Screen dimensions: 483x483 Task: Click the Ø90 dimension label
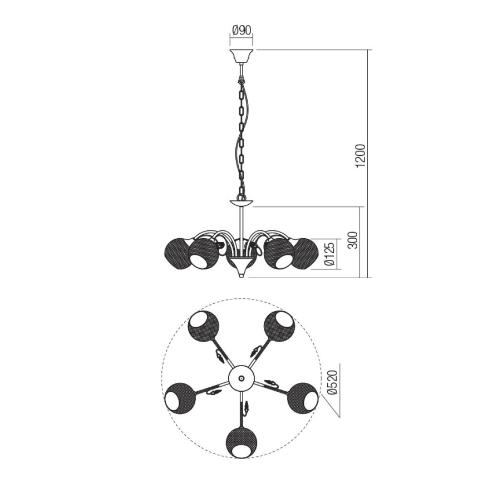[x=241, y=31]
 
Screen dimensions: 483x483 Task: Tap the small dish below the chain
[x=241, y=202]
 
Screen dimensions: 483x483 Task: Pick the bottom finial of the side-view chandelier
[x=241, y=274]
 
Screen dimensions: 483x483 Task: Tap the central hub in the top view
[x=240, y=378]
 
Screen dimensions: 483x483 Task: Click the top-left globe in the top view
[x=203, y=326]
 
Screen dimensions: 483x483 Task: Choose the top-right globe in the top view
[x=278, y=326]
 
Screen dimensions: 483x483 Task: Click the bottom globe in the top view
[x=241, y=442]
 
